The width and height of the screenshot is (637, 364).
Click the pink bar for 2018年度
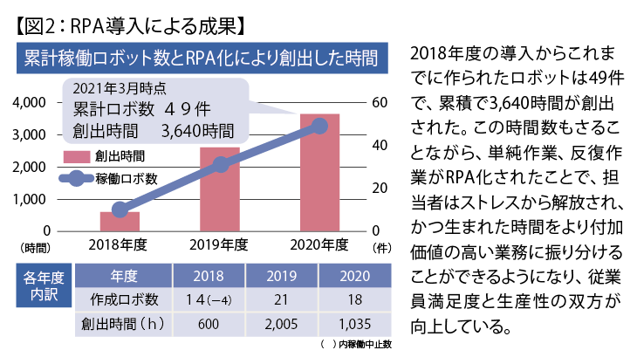[x=120, y=222]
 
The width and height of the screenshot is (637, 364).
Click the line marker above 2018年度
[x=120, y=209]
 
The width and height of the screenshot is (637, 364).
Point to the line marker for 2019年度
[x=220, y=165]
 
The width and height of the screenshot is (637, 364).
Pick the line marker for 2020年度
[x=319, y=127]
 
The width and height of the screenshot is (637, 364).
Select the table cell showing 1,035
[x=354, y=324]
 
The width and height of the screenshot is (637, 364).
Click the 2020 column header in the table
[x=354, y=277]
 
